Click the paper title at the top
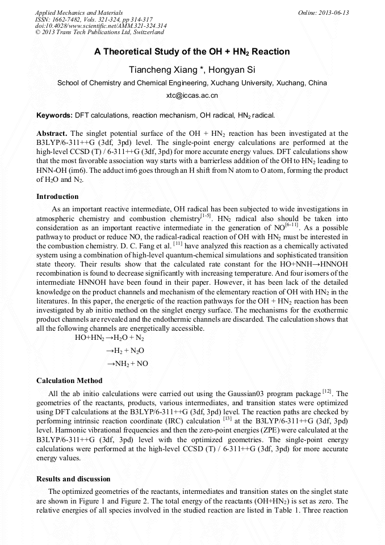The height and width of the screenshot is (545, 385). point(192,52)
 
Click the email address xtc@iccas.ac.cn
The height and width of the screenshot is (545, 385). point(192,95)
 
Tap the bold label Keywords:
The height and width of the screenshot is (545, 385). point(55,115)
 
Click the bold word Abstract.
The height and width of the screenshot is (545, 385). point(52,134)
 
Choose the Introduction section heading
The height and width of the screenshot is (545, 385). point(57,197)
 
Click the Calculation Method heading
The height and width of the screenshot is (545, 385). point(69,381)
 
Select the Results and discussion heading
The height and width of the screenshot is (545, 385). point(73,479)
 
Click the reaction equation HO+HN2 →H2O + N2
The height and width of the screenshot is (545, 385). point(110,338)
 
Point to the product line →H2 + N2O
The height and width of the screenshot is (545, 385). point(125,351)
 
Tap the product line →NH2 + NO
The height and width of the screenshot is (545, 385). point(127,364)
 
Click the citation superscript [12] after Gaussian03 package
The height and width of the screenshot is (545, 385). point(327,391)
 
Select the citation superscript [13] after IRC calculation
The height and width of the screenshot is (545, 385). point(227,418)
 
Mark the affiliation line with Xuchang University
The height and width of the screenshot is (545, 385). point(192,83)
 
